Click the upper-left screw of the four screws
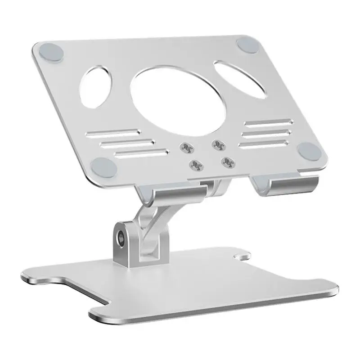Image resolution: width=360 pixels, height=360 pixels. [x=185, y=147]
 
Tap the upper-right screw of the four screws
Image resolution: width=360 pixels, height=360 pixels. [x=218, y=144]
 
